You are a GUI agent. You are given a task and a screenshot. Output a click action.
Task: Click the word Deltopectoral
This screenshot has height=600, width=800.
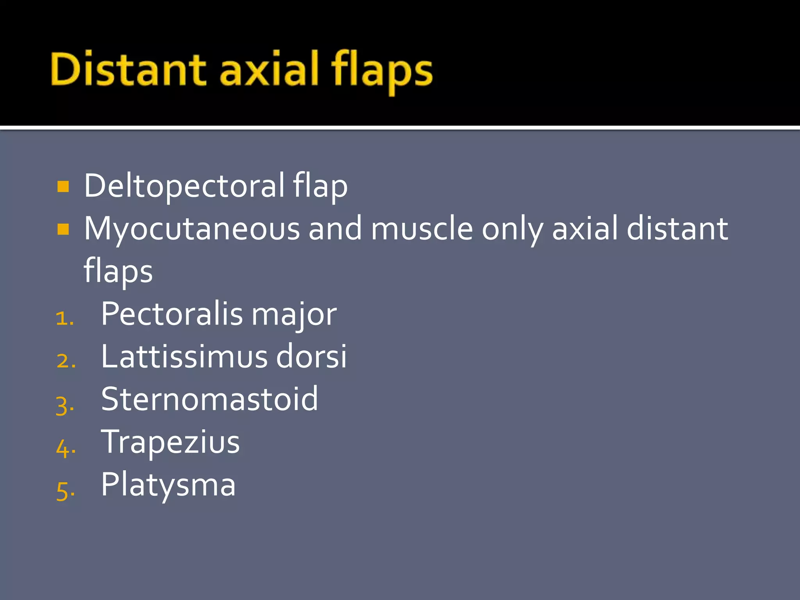pos(184,186)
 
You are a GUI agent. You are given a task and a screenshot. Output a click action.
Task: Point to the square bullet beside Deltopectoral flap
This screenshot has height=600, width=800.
pos(63,186)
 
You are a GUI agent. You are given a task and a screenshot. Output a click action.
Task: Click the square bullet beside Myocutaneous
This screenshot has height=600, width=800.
pos(63,229)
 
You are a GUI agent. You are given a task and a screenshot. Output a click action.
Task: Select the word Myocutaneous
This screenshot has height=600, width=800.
pos(192,229)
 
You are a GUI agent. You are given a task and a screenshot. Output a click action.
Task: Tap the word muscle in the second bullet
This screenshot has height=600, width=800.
pos(422,228)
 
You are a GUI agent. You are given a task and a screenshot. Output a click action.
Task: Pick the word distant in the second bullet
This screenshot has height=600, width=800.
pos(677,228)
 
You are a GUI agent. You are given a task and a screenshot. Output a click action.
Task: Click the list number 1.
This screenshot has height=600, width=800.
pos(64,318)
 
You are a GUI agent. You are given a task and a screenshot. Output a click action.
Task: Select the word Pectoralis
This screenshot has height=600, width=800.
pos(172,314)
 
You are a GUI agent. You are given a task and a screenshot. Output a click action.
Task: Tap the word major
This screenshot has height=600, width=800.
pos(294,315)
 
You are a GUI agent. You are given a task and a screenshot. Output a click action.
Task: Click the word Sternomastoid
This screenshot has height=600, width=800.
pos(209,399)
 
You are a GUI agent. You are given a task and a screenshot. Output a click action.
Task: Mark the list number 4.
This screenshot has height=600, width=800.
pos(66,447)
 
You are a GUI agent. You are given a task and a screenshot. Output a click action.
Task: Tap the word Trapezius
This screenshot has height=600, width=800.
pos(170,443)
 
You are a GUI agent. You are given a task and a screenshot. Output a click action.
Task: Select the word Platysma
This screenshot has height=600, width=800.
pos(168,486)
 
